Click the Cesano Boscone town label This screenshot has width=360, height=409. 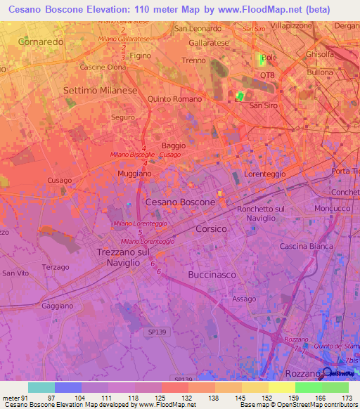pos(179,202)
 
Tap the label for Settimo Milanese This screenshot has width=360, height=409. pos(101,91)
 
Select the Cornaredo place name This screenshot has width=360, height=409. pos(41,42)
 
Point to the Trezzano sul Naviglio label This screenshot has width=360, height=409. pos(123,256)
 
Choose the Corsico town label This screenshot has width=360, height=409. pos(211,229)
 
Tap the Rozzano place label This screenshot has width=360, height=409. pos(303,373)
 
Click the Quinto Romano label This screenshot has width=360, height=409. pos(174,99)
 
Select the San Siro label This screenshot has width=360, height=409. pos(264,105)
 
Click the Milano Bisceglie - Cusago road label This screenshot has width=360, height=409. pos(146,155)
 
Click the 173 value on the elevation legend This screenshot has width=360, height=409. pos(345,398)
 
